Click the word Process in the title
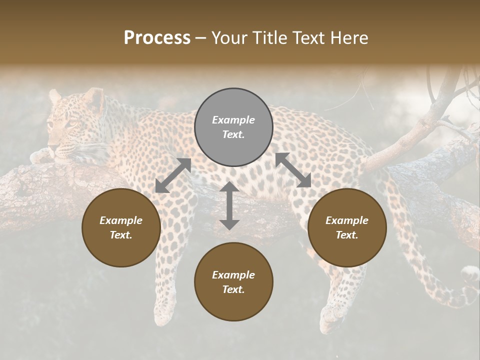pyautogui.click(x=157, y=38)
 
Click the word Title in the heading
pyautogui.click(x=270, y=38)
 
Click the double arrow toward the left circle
pyautogui.click(x=173, y=175)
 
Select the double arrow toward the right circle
pyautogui.click(x=293, y=170)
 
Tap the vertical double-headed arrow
pyautogui.click(x=229, y=205)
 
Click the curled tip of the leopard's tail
pyautogui.click(x=470, y=274)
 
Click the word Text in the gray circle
pyautogui.click(x=233, y=134)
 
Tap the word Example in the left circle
pyautogui.click(x=121, y=220)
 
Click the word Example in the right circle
pyautogui.click(x=347, y=220)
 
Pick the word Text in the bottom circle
pyautogui.click(x=233, y=289)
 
